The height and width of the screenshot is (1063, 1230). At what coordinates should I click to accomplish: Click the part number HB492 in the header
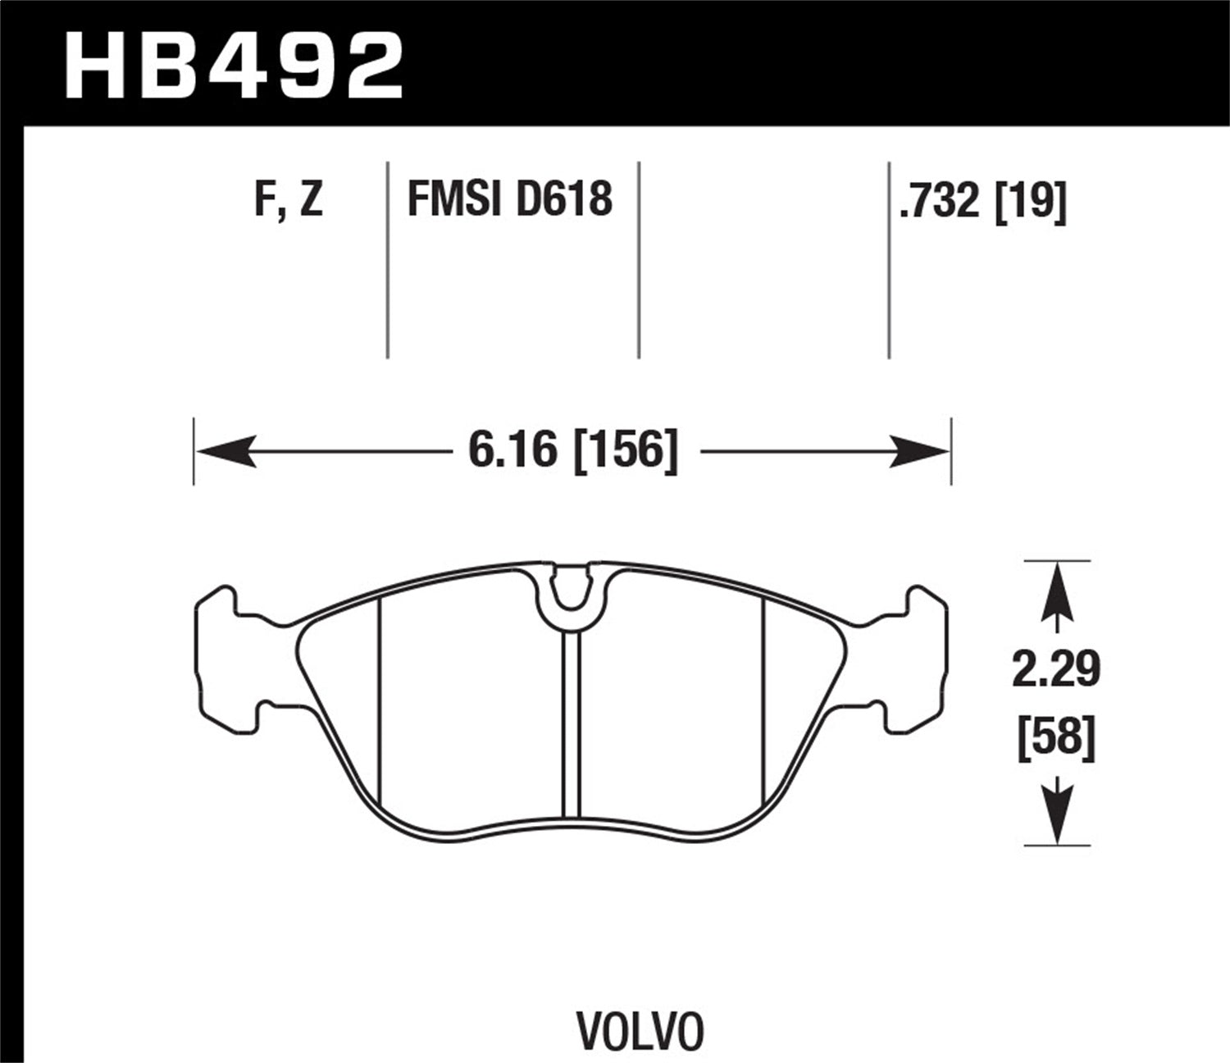point(235,66)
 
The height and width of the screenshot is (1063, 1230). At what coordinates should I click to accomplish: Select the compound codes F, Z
point(289,199)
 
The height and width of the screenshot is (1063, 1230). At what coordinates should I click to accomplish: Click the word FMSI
point(453,199)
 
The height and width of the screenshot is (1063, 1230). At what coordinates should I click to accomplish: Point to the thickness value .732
point(941,201)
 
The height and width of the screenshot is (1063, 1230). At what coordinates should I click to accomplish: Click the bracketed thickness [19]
point(1030,201)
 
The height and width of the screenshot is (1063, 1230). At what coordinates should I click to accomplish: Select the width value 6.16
point(512,450)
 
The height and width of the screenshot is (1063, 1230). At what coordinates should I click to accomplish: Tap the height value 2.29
point(1055,671)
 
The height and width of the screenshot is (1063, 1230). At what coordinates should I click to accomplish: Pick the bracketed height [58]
point(1055,736)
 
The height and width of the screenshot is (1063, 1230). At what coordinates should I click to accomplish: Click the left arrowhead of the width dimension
point(226,451)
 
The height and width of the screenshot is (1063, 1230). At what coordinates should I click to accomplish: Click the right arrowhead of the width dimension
point(919,451)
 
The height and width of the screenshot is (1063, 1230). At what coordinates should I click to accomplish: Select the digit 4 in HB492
point(257,66)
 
